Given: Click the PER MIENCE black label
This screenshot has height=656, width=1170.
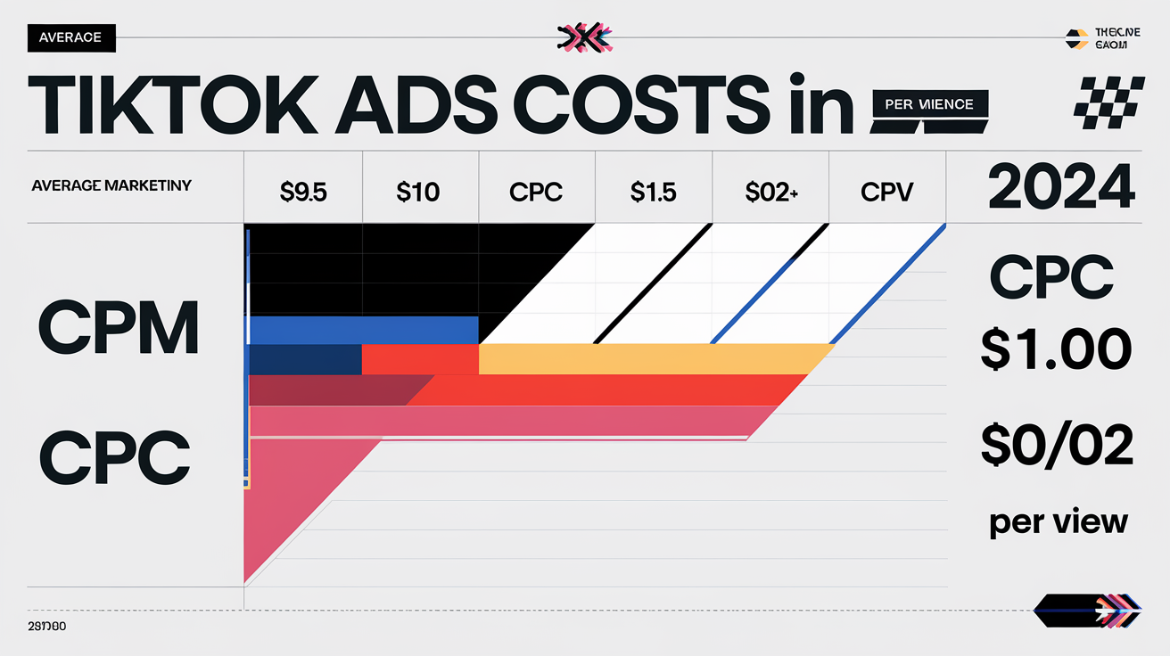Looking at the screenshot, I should [x=929, y=104].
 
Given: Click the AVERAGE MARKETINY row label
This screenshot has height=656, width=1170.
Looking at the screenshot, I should [x=111, y=186].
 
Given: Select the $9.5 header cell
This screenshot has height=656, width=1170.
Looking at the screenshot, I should [x=302, y=192].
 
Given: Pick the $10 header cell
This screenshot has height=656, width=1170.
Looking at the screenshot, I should [x=419, y=192].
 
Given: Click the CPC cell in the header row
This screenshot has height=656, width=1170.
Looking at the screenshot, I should [x=536, y=192].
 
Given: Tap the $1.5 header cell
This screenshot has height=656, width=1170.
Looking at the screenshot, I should [x=654, y=192].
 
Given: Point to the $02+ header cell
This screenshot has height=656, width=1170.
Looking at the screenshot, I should [x=770, y=192].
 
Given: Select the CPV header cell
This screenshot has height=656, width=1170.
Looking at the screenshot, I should [x=887, y=192].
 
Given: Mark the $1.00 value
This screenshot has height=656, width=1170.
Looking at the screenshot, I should [x=1056, y=348].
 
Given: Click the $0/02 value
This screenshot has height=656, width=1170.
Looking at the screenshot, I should [x=1057, y=445].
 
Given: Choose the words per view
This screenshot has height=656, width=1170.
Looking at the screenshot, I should [x=1058, y=522].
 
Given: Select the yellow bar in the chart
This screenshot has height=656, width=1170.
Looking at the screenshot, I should [x=651, y=358].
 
